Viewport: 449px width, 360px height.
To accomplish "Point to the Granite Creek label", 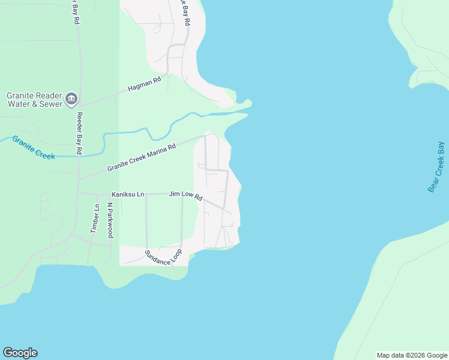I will [34, 148].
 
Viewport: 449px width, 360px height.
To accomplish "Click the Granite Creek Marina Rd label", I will [141, 157].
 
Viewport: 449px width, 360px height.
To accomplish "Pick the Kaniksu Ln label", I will [128, 194].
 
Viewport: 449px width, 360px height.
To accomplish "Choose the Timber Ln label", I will [94, 218].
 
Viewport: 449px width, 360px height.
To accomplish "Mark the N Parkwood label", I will [110, 220].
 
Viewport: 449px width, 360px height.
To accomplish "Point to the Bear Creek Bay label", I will [436, 167].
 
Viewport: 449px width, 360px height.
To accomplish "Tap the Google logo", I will [20, 353].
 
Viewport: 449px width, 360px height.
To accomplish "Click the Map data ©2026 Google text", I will [412, 355].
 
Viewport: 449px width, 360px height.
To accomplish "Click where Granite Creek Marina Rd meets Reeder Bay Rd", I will [79, 179].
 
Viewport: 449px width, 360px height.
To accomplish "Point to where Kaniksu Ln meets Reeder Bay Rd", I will [79, 193].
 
